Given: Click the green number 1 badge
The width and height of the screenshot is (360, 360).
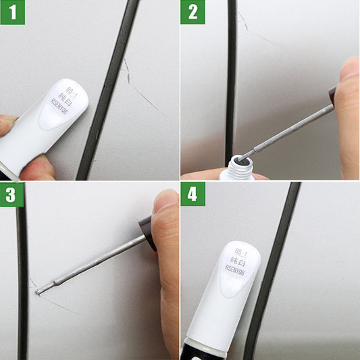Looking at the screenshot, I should tap(12, 12).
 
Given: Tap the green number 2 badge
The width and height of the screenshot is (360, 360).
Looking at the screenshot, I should tap(192, 12).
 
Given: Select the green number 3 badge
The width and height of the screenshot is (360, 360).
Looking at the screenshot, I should tap(12, 194).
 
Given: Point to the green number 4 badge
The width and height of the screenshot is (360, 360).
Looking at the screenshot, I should tap(192, 194).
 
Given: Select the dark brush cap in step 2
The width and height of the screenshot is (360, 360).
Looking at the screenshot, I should tap(332, 95).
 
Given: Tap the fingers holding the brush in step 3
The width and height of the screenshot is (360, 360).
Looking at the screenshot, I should tap(165, 257).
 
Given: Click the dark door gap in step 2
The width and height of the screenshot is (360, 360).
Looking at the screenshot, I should tap(232, 81).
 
